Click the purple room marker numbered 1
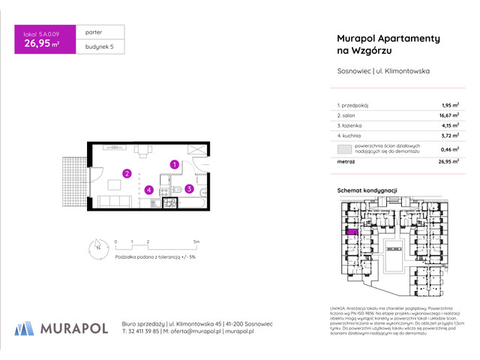tap(174, 164)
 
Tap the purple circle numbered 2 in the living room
tap(127, 174)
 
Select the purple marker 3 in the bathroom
tap(190, 189)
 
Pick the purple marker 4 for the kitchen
tap(149, 190)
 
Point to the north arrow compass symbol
tap(97, 244)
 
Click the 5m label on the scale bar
tap(196, 241)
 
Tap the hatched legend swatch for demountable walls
tap(345, 148)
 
